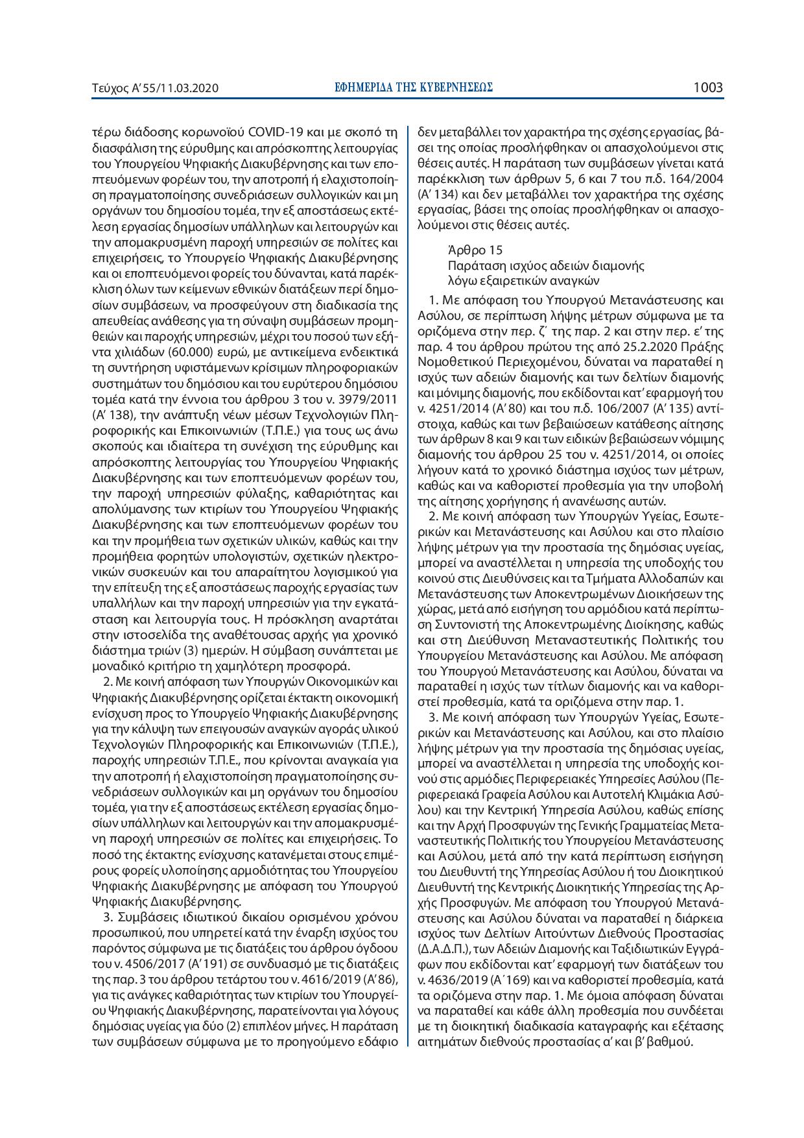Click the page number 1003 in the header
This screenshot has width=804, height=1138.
[x=707, y=87]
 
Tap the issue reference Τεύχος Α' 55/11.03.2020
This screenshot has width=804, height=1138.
[x=156, y=88]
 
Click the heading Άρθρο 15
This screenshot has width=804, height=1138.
[x=475, y=250]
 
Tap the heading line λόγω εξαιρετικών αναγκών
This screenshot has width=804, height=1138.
[x=523, y=280]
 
